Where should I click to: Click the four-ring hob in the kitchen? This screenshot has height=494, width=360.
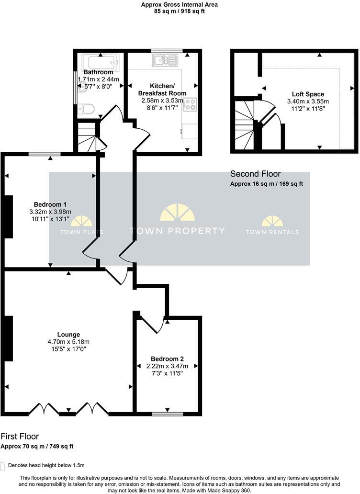[190, 104]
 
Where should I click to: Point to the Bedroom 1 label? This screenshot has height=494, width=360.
[50, 204]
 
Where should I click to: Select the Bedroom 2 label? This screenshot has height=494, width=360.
[167, 359]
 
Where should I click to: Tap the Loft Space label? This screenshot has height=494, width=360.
[308, 94]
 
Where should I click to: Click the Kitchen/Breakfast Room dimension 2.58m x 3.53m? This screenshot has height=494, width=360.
[162, 101]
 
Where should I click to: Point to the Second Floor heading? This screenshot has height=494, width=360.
[255, 174]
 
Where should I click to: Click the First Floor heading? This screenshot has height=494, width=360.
[20, 437]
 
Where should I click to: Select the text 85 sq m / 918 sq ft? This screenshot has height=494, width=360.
[180, 11]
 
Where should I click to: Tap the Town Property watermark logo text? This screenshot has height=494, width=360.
[178, 231]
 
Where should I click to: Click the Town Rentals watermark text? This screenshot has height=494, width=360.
[272, 232]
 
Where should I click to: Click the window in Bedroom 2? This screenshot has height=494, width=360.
[167, 414]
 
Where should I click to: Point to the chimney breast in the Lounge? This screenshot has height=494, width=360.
[8, 338]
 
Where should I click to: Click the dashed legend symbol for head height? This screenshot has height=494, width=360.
[3, 466]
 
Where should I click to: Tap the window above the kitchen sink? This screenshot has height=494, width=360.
[167, 50]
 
